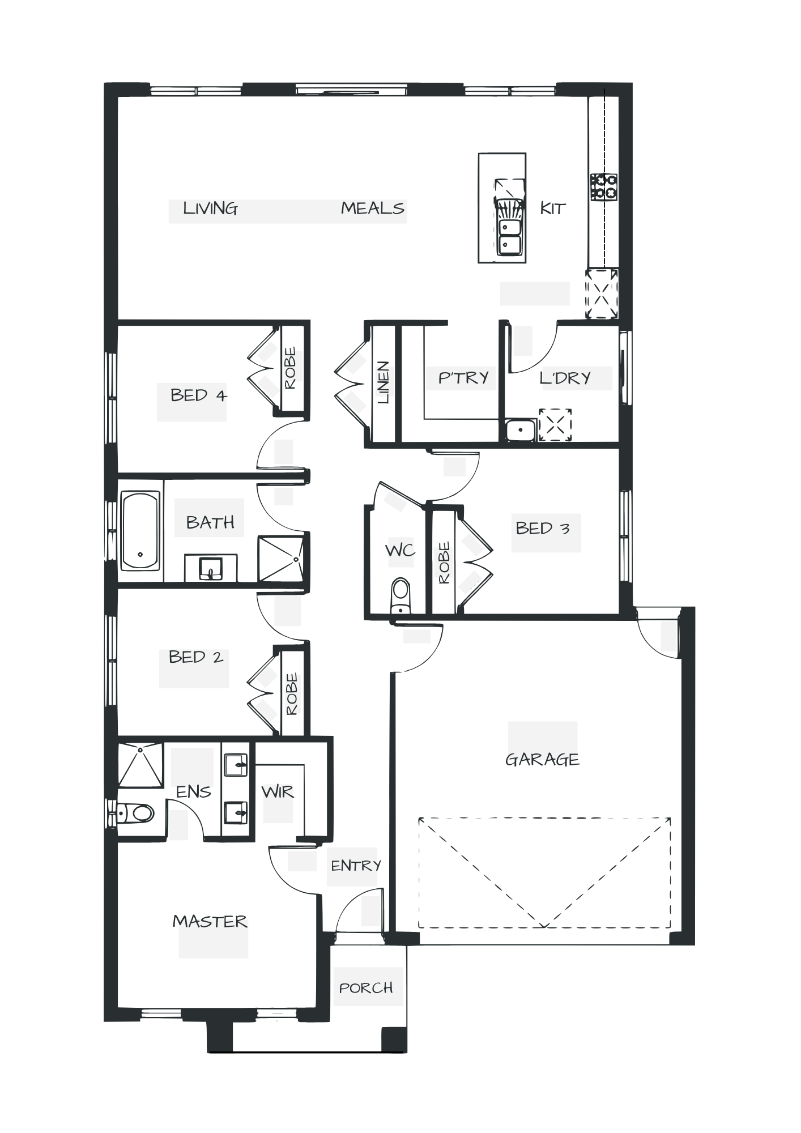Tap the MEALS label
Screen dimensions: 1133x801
[x=373, y=209]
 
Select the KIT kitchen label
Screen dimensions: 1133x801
[x=552, y=208]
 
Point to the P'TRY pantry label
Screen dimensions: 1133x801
[x=463, y=378]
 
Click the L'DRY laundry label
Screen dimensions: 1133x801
[x=566, y=378]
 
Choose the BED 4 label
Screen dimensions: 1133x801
[x=198, y=395]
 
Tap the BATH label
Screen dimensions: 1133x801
[x=210, y=522]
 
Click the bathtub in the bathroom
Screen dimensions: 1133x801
[x=140, y=531]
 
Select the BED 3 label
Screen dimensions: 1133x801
[x=542, y=529]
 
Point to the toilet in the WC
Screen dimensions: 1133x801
[x=400, y=595]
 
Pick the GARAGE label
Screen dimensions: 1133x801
[x=542, y=760]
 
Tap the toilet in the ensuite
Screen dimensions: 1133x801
[x=137, y=814]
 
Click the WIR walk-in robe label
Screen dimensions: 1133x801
[x=278, y=792]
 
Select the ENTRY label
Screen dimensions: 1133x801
[x=355, y=866]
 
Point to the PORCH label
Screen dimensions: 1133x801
[x=366, y=988]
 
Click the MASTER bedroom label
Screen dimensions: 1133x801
[x=210, y=922]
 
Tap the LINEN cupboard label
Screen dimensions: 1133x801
[x=385, y=382]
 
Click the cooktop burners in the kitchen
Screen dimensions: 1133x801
[x=604, y=187]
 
